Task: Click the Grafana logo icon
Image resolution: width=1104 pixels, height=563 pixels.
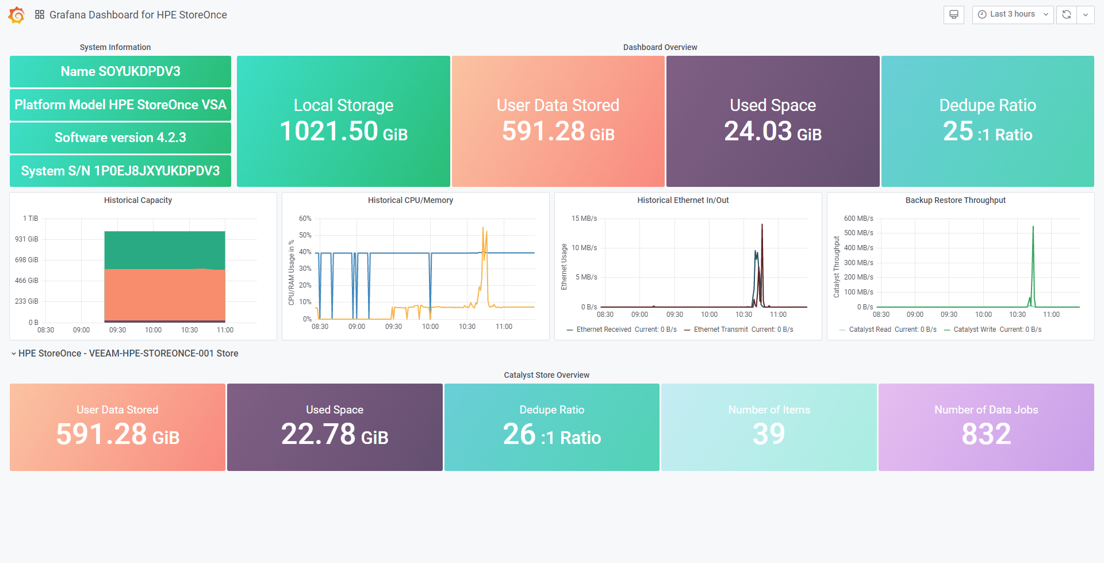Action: tap(17, 15)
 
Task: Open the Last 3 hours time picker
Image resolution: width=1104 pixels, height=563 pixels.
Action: tap(1013, 14)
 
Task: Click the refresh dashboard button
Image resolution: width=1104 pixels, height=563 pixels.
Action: tap(1067, 14)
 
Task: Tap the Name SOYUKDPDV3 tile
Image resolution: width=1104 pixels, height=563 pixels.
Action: tap(120, 71)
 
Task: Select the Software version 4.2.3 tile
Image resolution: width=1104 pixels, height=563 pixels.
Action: tap(120, 137)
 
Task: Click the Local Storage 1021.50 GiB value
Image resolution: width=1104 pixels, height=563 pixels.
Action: tap(343, 131)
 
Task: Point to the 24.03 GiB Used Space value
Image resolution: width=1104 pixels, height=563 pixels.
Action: tap(773, 131)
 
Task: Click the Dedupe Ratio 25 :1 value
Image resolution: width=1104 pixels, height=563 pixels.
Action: tap(987, 132)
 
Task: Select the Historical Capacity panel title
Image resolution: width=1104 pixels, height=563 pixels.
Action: tap(138, 200)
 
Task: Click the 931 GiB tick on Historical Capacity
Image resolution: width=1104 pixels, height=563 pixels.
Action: tap(26, 239)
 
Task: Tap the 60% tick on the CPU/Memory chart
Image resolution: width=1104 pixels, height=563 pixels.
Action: tap(305, 219)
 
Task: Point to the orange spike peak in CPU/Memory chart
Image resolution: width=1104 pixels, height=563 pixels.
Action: tap(483, 228)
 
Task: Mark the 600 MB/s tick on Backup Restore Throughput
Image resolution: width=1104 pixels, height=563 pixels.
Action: tap(858, 219)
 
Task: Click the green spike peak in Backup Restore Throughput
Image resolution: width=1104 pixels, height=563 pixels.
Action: tap(1033, 227)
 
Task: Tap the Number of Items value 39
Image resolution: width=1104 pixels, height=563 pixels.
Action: tap(769, 434)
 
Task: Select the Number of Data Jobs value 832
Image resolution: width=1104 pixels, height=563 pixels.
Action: tap(986, 434)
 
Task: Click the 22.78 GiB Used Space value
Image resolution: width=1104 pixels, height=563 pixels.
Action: tap(335, 434)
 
